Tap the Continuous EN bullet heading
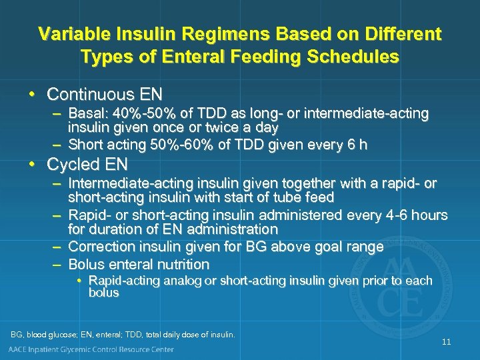click(x=105, y=93)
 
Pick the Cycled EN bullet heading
click(x=87, y=164)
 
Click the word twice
click(x=226, y=127)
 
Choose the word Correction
click(x=100, y=247)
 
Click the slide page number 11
click(x=446, y=342)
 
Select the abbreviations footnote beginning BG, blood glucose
click(x=123, y=334)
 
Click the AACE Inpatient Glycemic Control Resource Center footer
click(x=91, y=349)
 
